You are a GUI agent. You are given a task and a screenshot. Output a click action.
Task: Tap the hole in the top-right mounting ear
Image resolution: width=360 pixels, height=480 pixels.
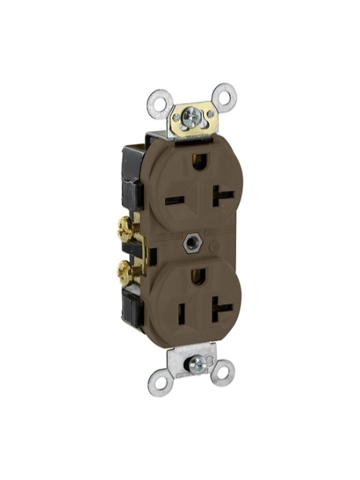[x=226, y=98]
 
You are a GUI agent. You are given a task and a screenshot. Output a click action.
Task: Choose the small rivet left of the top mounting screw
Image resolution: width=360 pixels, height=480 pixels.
[x=176, y=118]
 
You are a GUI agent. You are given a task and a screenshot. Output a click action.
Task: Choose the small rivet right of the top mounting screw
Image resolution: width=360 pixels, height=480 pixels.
[x=210, y=114]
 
